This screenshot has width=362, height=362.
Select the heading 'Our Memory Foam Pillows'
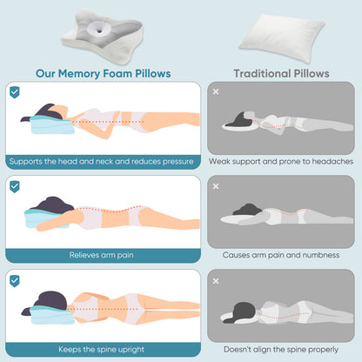tap(102, 74)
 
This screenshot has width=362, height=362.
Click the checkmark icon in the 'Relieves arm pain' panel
tap(15, 185)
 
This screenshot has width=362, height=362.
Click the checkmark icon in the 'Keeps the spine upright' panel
tap(15, 279)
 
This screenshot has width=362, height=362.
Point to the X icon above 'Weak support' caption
tap(216, 90)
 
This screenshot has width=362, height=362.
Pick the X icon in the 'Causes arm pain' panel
tap(216, 184)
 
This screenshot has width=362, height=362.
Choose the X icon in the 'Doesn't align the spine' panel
tap(216, 279)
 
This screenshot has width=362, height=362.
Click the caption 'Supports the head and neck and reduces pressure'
tap(103, 161)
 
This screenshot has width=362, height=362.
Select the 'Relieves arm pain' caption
tap(103, 256)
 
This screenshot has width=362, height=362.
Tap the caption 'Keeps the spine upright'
tap(103, 350)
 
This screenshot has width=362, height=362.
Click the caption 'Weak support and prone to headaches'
tap(280, 161)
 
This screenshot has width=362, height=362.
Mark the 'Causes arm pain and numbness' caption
tap(280, 256)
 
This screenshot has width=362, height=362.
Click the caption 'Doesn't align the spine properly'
tap(280, 350)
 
